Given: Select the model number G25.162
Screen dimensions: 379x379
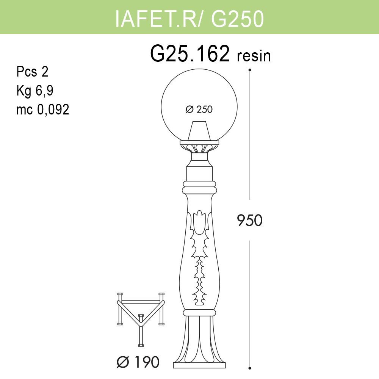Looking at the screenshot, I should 190,54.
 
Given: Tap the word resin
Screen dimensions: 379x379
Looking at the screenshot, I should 254,56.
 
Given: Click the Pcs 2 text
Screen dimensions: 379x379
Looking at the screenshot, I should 32,72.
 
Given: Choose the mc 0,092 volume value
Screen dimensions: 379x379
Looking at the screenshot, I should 42,110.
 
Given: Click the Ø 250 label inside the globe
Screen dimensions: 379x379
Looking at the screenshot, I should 199,110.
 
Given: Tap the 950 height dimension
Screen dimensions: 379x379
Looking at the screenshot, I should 249,220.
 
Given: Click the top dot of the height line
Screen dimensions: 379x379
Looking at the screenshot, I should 249,70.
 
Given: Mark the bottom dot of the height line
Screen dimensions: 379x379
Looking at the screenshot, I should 249,368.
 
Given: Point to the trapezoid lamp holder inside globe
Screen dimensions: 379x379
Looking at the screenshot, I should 199,131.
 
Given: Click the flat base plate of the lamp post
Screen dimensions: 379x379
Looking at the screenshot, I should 199,365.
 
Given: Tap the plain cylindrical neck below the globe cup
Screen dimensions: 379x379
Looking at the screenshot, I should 199,172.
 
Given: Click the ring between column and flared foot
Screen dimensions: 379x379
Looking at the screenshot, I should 199,312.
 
